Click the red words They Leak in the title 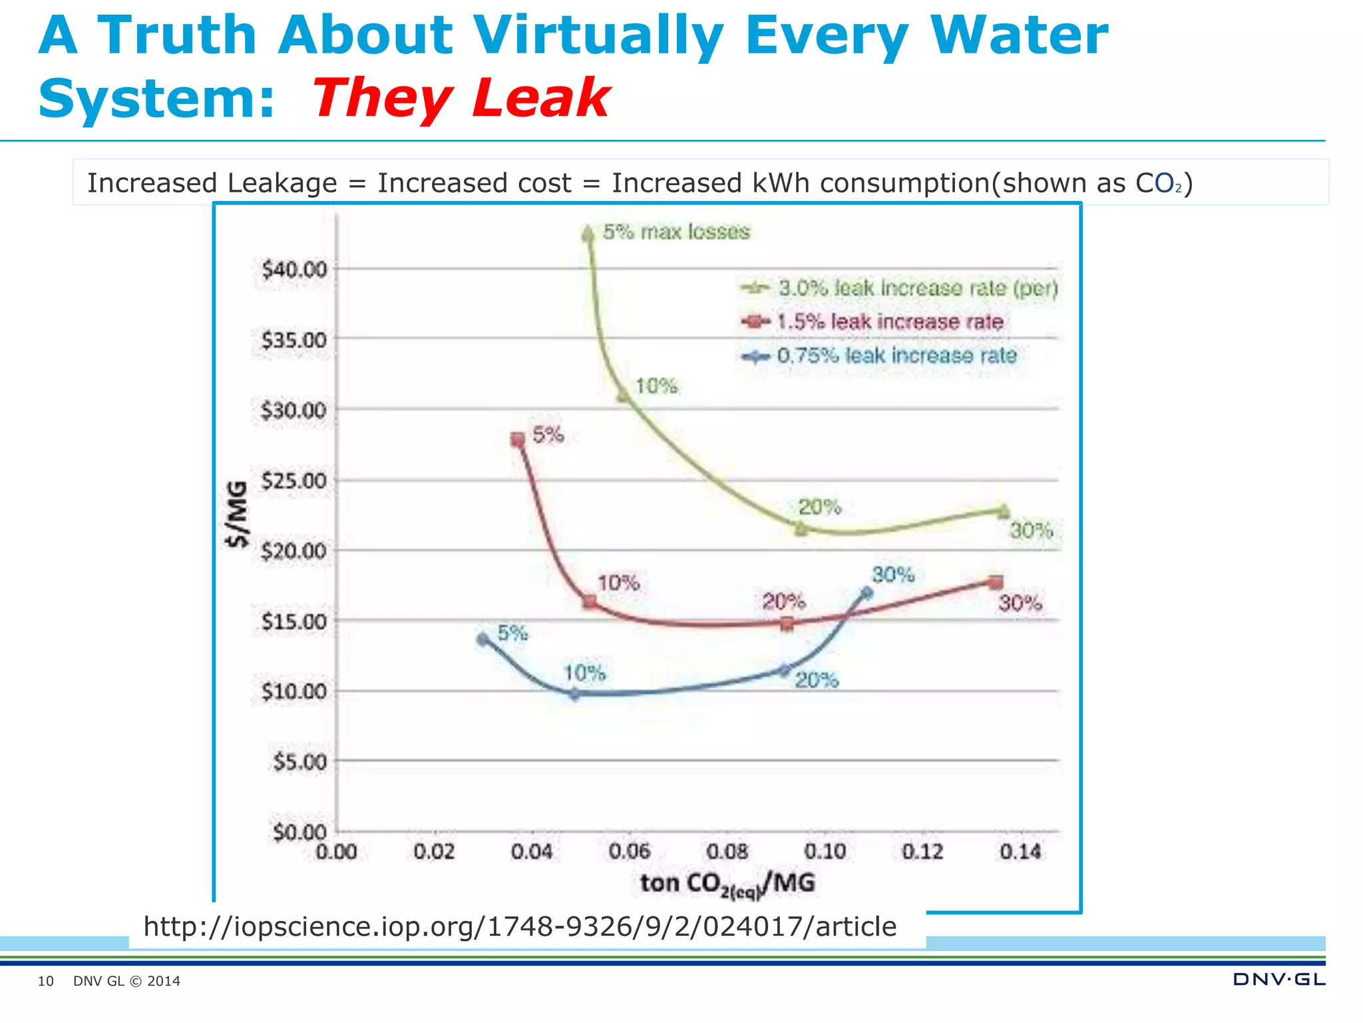point(461,99)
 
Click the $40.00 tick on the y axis point(294,270)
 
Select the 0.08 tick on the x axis point(727,851)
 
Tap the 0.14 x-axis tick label point(1020,851)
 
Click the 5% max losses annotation point(676,232)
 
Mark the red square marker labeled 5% point(518,440)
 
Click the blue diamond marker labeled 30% point(867,592)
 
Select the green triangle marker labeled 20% point(801,528)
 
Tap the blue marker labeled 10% point(575,693)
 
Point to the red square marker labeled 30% point(996,582)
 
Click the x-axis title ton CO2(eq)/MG point(727,884)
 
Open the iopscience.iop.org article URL point(520,926)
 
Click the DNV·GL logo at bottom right point(1278,979)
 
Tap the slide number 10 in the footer point(45,981)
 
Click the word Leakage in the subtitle point(282,183)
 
